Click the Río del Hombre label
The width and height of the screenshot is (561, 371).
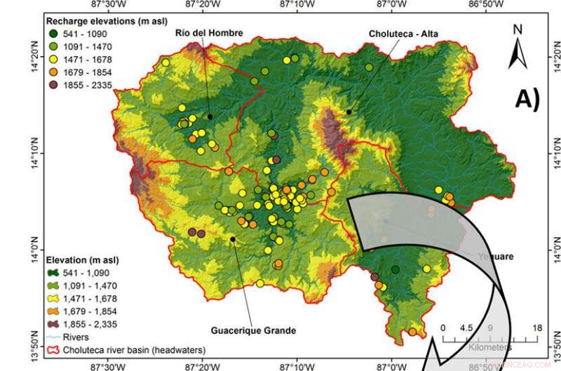(200, 34)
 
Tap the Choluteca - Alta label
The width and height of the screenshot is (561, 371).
(402, 34)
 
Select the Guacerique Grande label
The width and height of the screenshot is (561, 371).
(253, 330)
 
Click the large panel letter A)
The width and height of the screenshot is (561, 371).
(526, 99)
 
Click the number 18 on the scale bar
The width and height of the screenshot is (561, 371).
(536, 328)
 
